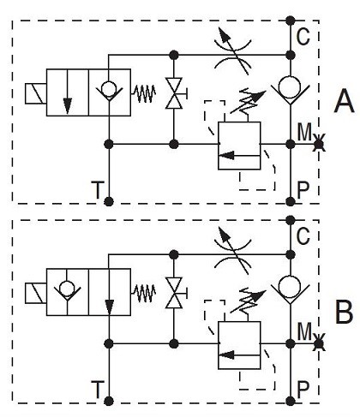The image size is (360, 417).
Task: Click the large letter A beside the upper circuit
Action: point(345,101)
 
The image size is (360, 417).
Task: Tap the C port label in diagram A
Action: point(303,37)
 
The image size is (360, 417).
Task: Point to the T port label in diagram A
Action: point(97,190)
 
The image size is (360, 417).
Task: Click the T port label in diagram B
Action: point(97,390)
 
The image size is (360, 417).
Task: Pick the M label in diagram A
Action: point(304,132)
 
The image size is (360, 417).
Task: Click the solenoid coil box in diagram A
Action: point(36,93)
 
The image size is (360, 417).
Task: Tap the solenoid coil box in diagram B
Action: point(36,293)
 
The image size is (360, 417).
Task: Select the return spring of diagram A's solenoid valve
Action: point(143,93)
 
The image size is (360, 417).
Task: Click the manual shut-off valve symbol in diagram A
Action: point(174,93)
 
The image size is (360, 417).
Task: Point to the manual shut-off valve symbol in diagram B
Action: point(174,293)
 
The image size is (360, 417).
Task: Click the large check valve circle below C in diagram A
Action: point(291,86)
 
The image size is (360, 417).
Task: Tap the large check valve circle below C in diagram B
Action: point(291,286)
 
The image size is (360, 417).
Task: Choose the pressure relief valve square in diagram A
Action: point(239,146)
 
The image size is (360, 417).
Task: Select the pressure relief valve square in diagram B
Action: point(239,345)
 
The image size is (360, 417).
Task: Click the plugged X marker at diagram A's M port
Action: point(319,145)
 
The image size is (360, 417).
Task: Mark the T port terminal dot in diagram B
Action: point(109,402)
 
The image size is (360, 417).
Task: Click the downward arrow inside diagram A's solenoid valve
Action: point(68,92)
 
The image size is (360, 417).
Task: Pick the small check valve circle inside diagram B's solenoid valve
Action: point(67,289)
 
